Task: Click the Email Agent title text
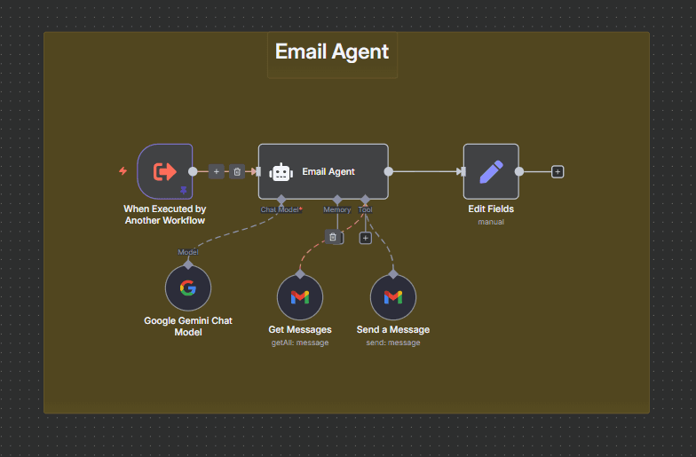point(331,51)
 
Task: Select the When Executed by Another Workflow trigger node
point(165,171)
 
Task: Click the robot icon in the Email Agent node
point(281,172)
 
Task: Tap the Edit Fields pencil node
point(491,171)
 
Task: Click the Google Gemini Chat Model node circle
point(188,288)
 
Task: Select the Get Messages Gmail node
point(300,297)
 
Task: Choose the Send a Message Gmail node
point(393,297)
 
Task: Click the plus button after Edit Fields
point(558,171)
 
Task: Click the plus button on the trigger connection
point(217,171)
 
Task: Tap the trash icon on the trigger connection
point(237,171)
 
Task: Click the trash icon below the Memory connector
point(332,237)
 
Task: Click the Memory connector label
point(336,209)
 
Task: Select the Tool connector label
point(365,209)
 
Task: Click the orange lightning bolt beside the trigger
point(123,170)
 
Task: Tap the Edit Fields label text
point(491,209)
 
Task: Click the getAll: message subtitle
point(300,343)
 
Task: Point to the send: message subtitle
point(393,343)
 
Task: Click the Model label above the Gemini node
point(188,252)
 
